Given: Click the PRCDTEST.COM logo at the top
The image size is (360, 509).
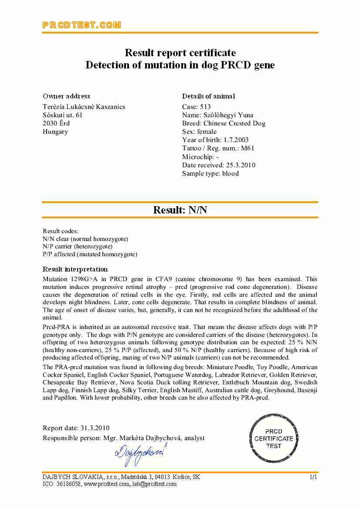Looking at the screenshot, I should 82,25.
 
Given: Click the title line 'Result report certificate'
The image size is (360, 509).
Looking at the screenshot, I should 180,53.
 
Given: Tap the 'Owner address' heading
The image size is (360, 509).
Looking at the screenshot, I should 66,96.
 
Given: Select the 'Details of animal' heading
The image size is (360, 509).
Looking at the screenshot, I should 208,96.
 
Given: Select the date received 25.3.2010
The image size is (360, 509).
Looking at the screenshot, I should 241,165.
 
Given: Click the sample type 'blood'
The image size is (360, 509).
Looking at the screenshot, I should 231,173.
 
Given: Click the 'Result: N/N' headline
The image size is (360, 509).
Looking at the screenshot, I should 180,210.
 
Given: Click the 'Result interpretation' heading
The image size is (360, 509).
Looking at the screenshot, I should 75,269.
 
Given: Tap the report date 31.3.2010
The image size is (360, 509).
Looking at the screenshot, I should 95,428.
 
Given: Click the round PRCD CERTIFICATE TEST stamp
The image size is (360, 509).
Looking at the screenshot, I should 274,438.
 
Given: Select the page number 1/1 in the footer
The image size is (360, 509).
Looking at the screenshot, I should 313,477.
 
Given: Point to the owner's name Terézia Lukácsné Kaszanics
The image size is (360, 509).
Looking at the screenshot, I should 84,107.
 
